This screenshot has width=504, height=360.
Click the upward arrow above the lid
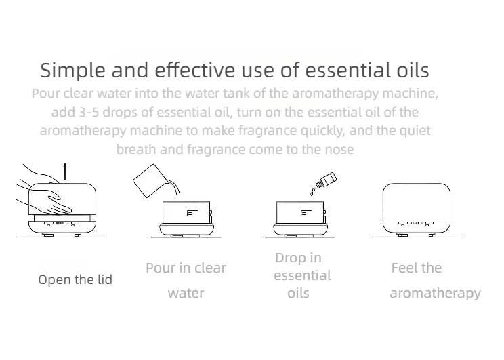pyautogui.click(x=65, y=171)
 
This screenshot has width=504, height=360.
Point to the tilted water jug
pyautogui.click(x=149, y=181)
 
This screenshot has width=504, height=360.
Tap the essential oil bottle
pyautogui.click(x=327, y=180)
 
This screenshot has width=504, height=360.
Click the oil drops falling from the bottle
pyautogui.click(x=312, y=191)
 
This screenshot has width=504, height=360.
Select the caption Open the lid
pyautogui.click(x=75, y=279)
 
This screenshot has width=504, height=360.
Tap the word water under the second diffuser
pyautogui.click(x=186, y=294)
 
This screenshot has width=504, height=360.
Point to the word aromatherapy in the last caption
pyautogui.click(x=435, y=294)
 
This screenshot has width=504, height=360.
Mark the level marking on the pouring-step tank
pyautogui.click(x=192, y=212)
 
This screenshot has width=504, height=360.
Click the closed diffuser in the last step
pyautogui.click(x=416, y=209)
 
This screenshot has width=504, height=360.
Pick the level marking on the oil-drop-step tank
pyautogui.click(x=306, y=212)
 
